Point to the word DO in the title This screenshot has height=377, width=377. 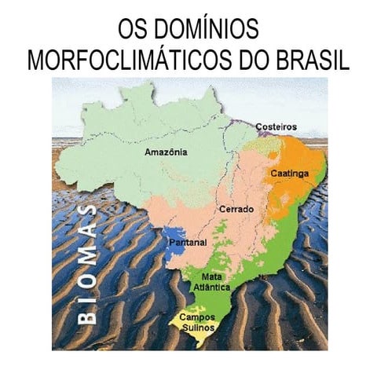point(241,61)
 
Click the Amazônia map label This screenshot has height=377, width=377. point(167,152)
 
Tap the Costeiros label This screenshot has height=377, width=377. point(276,126)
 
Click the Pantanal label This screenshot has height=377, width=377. point(188,243)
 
